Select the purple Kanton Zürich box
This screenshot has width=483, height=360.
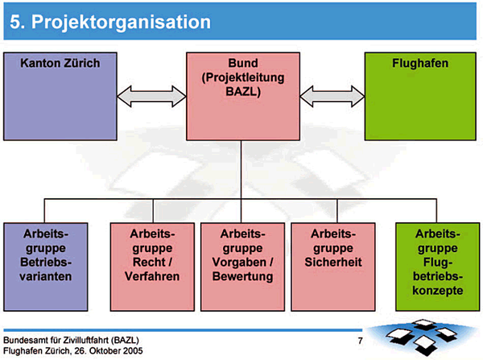[x=60, y=97]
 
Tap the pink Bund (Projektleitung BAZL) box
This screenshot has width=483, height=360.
[x=242, y=97]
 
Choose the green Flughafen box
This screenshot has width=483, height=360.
[x=420, y=97]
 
